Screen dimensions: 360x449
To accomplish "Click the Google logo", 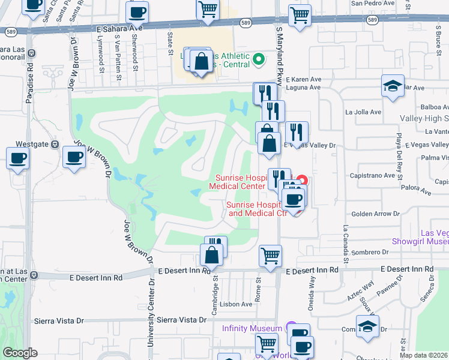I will (20, 353).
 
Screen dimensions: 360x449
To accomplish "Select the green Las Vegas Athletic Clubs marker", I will (259, 59).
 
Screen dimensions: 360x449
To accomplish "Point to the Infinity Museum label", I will (252, 328).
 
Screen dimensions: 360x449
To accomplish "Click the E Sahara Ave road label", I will (119, 28).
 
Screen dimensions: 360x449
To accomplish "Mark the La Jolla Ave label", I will (363, 112).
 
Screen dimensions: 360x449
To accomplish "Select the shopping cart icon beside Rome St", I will (270, 255).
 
